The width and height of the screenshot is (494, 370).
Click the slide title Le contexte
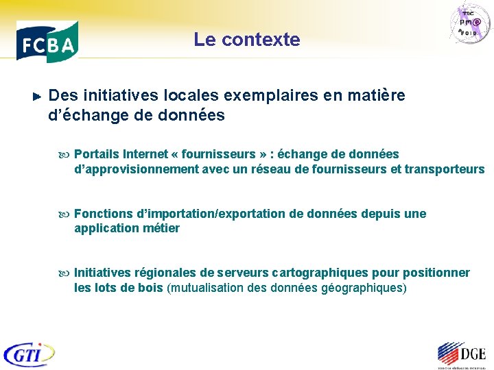(247, 40)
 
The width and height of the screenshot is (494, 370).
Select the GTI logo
(29, 354)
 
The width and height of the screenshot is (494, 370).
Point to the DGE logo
(460, 354)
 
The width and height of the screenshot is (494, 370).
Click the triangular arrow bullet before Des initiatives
(38, 96)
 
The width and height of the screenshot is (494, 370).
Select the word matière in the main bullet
(379, 95)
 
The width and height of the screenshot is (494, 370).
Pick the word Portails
(96, 154)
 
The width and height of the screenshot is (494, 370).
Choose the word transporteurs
(445, 169)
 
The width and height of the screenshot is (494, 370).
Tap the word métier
(161, 228)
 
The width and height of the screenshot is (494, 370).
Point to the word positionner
(436, 273)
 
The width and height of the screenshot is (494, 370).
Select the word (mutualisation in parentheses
(203, 288)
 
